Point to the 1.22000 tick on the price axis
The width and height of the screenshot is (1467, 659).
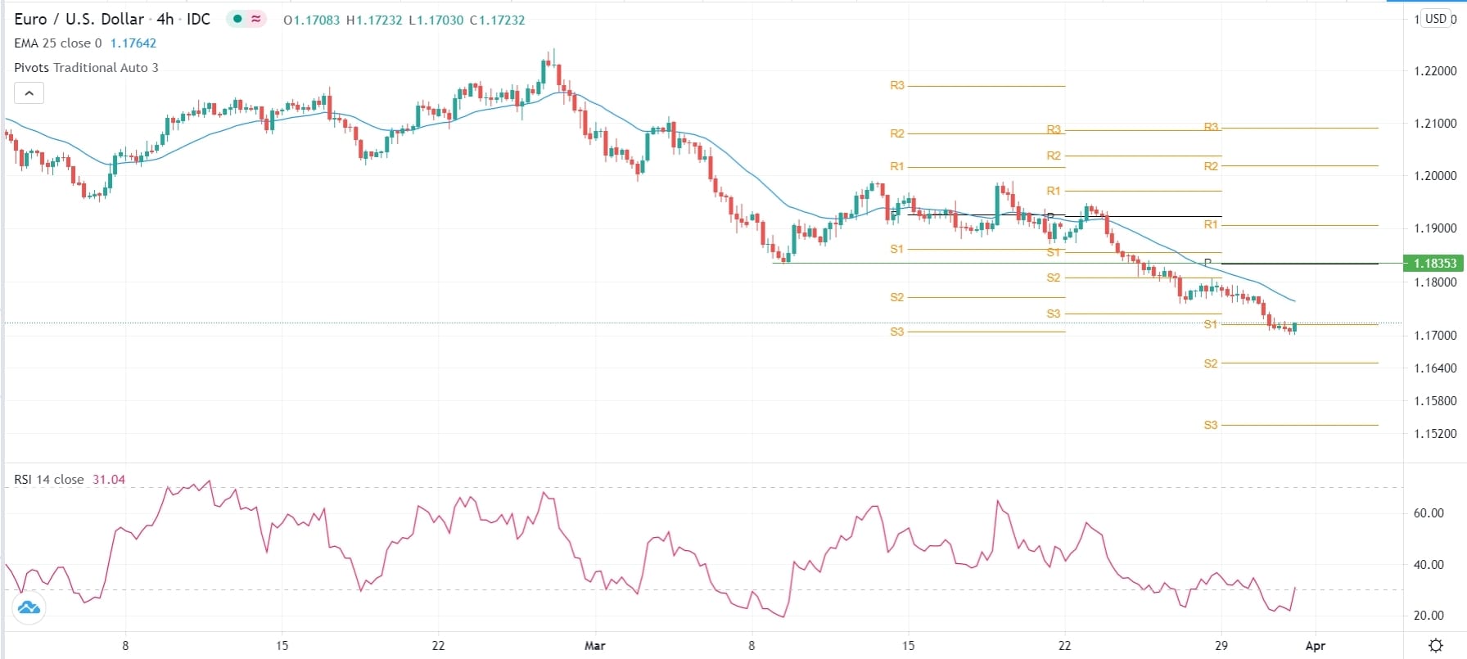1435,71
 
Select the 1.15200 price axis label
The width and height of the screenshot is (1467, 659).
1435,434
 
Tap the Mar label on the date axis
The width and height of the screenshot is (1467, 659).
595,646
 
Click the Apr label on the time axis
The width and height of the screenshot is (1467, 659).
1315,646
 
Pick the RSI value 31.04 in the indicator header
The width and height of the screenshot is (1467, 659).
109,480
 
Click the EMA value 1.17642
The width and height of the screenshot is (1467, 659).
133,43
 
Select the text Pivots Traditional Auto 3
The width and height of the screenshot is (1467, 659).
86,68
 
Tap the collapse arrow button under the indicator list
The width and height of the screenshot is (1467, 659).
29,93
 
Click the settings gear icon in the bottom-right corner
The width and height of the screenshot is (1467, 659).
1436,646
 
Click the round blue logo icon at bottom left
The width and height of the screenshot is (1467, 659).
29,607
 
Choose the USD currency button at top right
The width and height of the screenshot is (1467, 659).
1436,19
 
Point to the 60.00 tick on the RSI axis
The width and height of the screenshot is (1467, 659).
1429,513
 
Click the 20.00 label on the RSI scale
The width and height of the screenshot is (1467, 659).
1429,616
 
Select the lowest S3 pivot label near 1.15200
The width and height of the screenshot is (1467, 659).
1211,425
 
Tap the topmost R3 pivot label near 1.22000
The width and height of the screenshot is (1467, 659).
897,85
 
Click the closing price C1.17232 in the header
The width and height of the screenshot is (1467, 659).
497,20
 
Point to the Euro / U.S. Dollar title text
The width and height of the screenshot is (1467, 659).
79,19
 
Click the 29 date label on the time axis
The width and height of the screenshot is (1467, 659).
1221,646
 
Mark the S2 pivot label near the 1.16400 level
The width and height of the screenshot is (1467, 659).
1211,363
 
